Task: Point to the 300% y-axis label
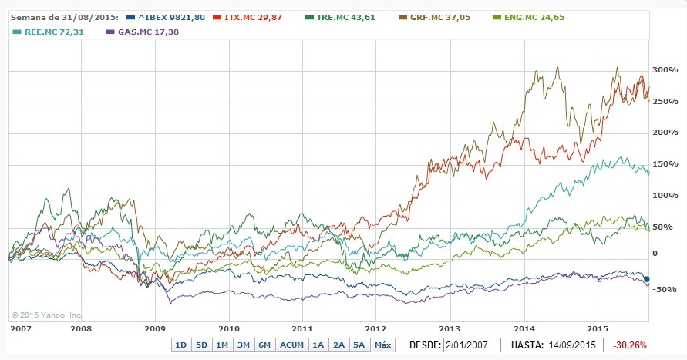tap(665, 71)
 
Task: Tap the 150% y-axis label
tap(665, 165)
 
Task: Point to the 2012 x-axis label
tap(375, 327)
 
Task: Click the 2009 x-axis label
tap(155, 327)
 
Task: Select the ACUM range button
tap(291, 345)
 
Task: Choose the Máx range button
tap(382, 345)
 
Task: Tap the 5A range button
tap(359, 345)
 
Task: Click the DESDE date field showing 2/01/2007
tap(472, 345)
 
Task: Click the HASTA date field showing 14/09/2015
tap(574, 345)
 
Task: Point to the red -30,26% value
tap(631, 345)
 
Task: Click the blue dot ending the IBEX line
tap(647, 278)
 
